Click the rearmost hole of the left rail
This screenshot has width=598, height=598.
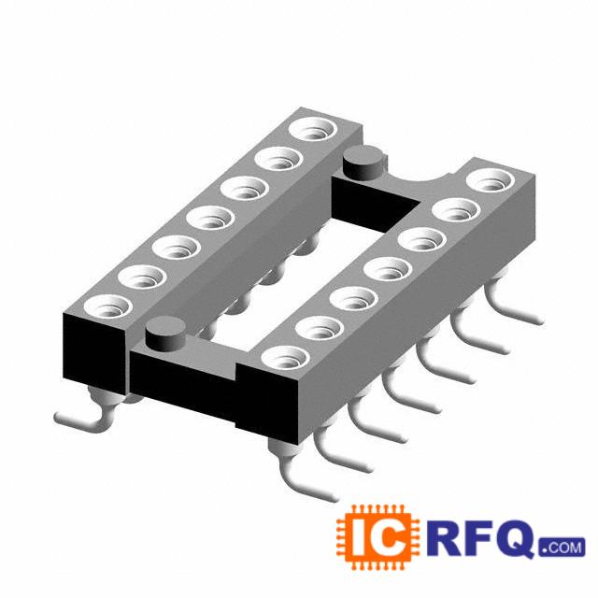(314, 128)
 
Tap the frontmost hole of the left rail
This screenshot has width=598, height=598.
(108, 306)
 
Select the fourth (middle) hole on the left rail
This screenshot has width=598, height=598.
(210, 218)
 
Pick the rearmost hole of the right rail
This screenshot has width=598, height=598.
(491, 180)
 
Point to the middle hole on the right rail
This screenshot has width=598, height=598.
(389, 269)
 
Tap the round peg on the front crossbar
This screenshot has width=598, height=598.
(165, 334)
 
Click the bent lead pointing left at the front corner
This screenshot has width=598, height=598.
(82, 420)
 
